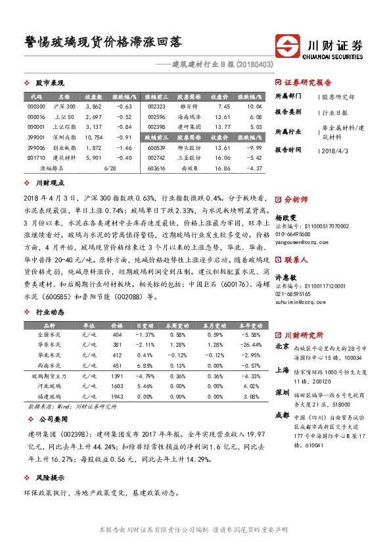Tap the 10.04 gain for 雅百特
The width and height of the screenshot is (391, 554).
tap(254, 105)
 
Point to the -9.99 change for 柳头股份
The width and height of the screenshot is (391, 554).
tap(254, 148)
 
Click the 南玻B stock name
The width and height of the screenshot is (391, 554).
tap(190, 168)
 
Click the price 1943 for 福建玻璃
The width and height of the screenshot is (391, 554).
tap(118, 397)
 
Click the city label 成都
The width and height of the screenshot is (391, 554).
tap(281, 416)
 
